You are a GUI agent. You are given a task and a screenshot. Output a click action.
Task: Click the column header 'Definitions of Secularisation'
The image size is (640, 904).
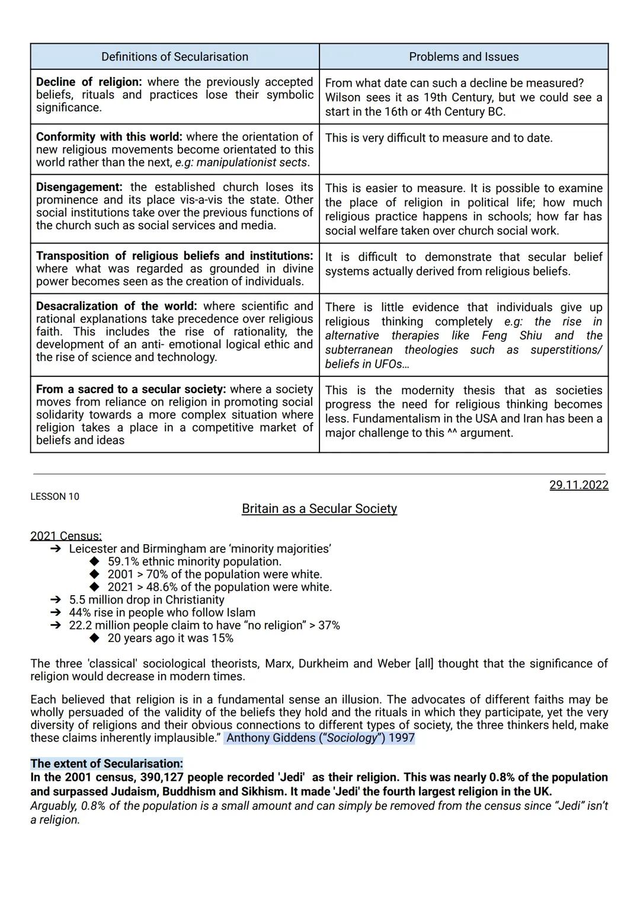(175, 57)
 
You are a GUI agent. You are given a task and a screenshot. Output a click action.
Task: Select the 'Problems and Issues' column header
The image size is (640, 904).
(463, 57)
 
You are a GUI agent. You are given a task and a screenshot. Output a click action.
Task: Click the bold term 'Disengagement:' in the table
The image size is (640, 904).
(79, 187)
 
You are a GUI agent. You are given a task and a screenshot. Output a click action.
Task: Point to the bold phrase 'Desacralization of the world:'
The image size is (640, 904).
(116, 306)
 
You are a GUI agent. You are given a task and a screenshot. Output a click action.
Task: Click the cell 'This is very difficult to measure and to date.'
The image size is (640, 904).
(439, 138)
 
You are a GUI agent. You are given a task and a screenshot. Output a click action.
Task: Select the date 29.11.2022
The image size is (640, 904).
(578, 485)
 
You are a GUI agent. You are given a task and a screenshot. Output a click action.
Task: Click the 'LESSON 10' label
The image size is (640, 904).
(55, 497)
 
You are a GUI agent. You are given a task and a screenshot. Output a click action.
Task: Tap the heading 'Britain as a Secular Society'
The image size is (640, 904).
(319, 509)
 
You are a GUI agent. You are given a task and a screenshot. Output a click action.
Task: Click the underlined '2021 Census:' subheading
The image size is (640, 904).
(66, 536)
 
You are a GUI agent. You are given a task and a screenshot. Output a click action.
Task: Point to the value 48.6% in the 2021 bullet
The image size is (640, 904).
(162, 587)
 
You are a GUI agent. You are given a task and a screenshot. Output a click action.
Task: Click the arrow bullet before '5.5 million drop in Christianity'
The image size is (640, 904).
(56, 600)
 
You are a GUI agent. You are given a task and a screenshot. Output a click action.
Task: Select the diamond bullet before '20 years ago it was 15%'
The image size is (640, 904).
(95, 638)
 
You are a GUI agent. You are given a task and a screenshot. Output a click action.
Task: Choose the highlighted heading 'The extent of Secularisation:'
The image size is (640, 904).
(107, 764)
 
